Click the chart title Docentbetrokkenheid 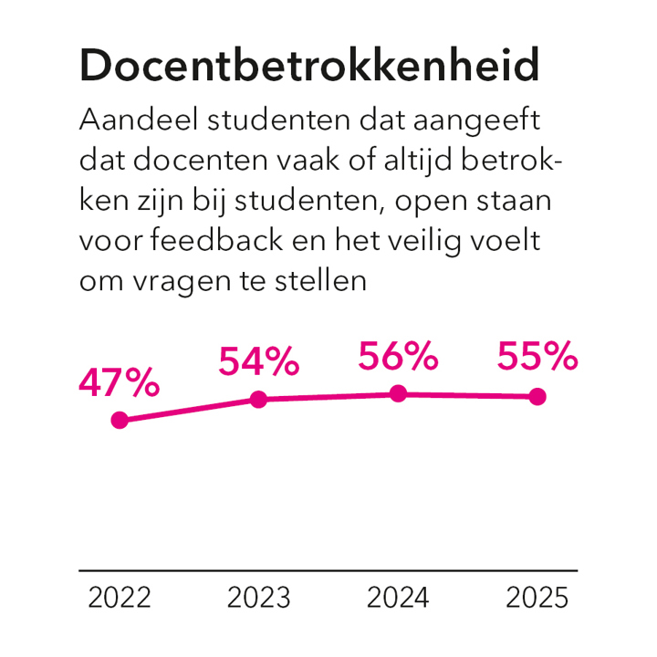tap(309, 67)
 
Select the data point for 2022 tap(120, 421)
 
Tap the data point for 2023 tap(258, 400)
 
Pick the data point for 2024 tap(398, 393)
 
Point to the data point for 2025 tap(537, 396)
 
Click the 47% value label tap(120, 384)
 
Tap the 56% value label tap(398, 357)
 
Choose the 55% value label tap(537, 357)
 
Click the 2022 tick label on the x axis tap(120, 599)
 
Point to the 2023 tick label tap(259, 599)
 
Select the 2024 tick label tap(398, 599)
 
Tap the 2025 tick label tap(537, 599)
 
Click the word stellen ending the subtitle tap(320, 281)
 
